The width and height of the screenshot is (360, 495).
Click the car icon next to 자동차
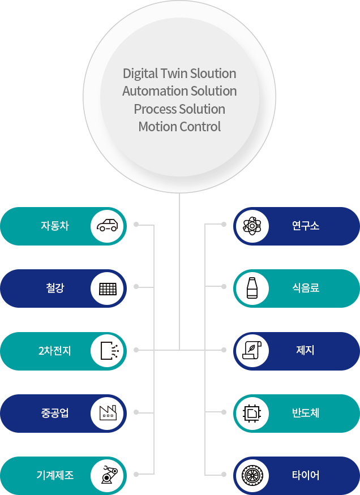108,226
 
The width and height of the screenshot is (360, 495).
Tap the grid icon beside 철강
108,289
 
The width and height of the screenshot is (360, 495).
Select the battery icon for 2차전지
108,351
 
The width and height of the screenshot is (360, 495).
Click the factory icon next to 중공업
108,413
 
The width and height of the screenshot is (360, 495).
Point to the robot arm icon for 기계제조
108,475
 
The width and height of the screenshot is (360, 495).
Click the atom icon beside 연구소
252,226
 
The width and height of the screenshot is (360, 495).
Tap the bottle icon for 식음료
252,289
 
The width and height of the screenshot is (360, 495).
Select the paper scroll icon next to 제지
252,351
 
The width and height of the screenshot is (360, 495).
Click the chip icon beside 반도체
252,413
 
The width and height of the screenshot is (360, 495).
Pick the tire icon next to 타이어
252,475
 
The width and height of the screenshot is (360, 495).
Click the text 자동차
54,226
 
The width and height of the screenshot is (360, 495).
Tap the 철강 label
55,289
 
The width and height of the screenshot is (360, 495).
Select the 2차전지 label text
54,351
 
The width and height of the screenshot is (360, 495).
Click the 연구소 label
305,226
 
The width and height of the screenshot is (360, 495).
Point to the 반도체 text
305,413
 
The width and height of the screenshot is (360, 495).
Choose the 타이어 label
305,475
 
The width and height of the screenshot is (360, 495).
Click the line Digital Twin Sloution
179,74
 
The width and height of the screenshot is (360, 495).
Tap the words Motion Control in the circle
179,127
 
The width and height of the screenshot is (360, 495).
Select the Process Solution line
179,109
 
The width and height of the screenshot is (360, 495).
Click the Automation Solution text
179,91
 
